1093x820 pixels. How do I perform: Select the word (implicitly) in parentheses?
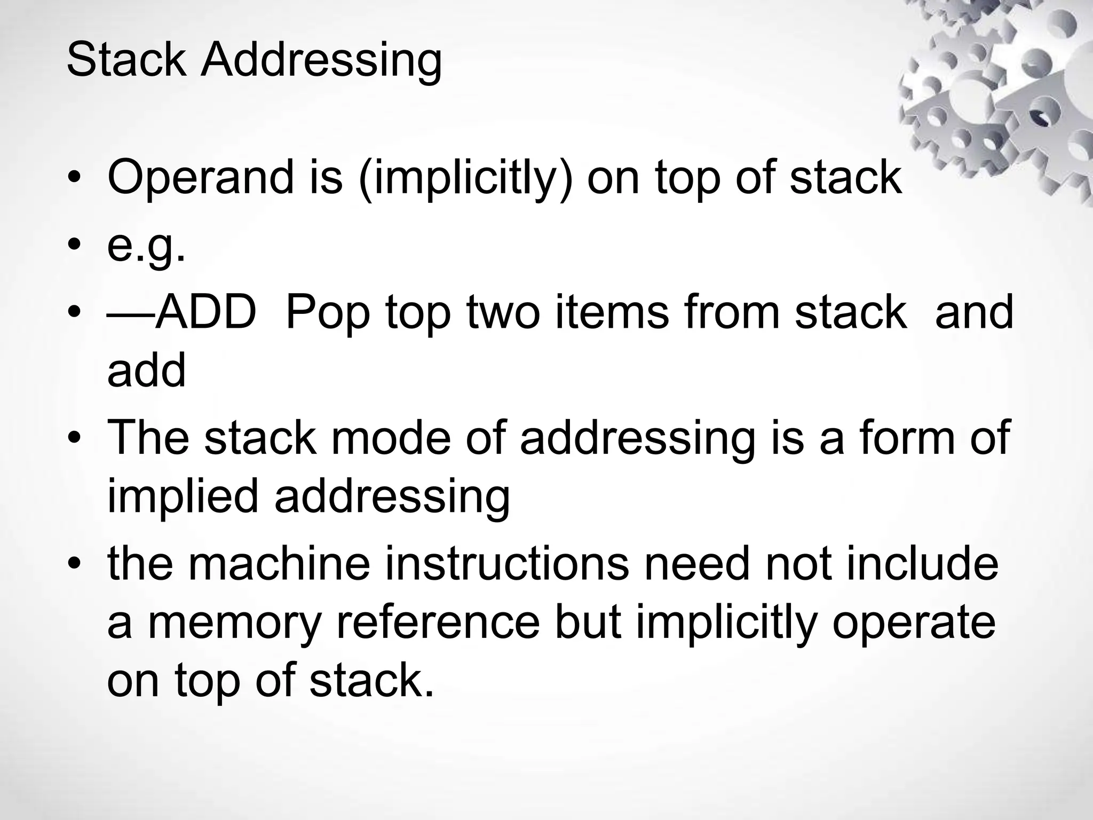tap(465, 179)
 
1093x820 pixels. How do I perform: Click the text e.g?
tap(146, 247)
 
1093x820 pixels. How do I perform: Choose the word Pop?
tap(328, 315)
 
